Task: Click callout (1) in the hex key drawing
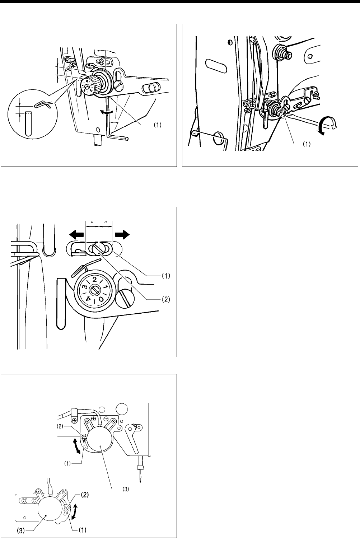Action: (157, 125)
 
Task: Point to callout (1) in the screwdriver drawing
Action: (306, 144)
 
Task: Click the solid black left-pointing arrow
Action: (76, 234)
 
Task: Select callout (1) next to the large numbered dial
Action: (166, 276)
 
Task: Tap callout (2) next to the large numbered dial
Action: (165, 299)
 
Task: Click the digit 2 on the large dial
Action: (94, 280)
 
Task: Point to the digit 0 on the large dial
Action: (101, 299)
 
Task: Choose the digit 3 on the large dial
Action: (85, 287)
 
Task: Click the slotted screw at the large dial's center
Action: (94, 290)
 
